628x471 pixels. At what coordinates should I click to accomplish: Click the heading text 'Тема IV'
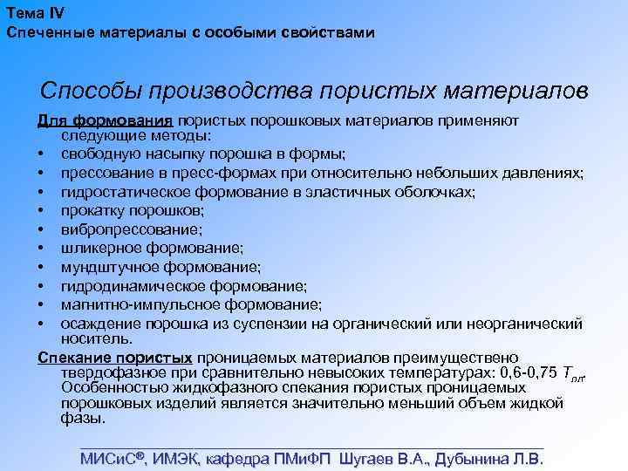click(34, 12)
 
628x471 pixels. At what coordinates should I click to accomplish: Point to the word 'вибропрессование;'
click(132, 229)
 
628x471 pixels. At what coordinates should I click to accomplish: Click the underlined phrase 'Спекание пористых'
click(115, 358)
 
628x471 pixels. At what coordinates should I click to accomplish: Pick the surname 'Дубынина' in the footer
click(469, 459)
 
